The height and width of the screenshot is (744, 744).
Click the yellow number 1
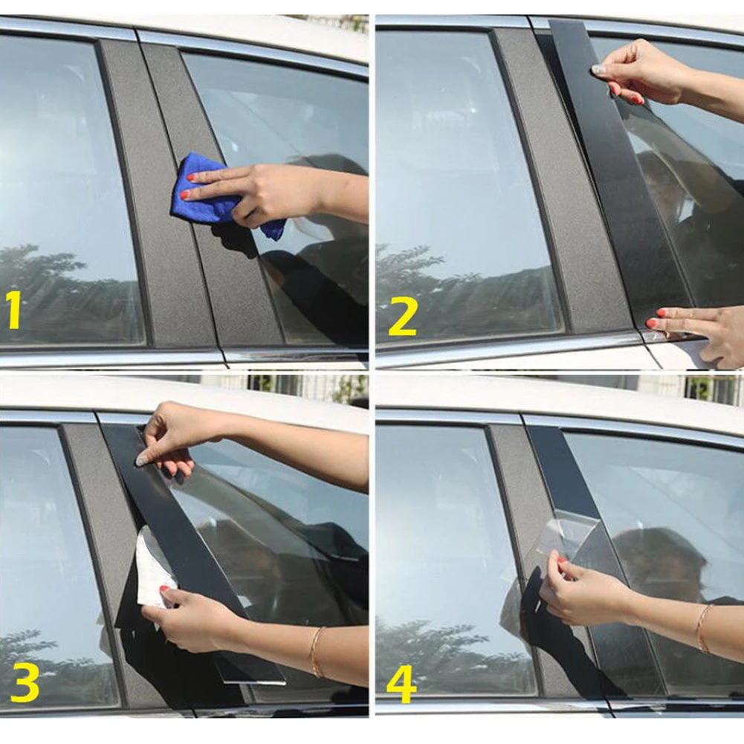pos(14,310)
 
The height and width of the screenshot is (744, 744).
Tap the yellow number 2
pos(402,318)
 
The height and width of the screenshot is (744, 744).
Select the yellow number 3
pos(25,682)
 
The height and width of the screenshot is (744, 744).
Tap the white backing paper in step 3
pos(155,568)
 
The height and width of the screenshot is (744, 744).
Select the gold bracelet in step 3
pos(317,652)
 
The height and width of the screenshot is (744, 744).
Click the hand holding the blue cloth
pos(268,193)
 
